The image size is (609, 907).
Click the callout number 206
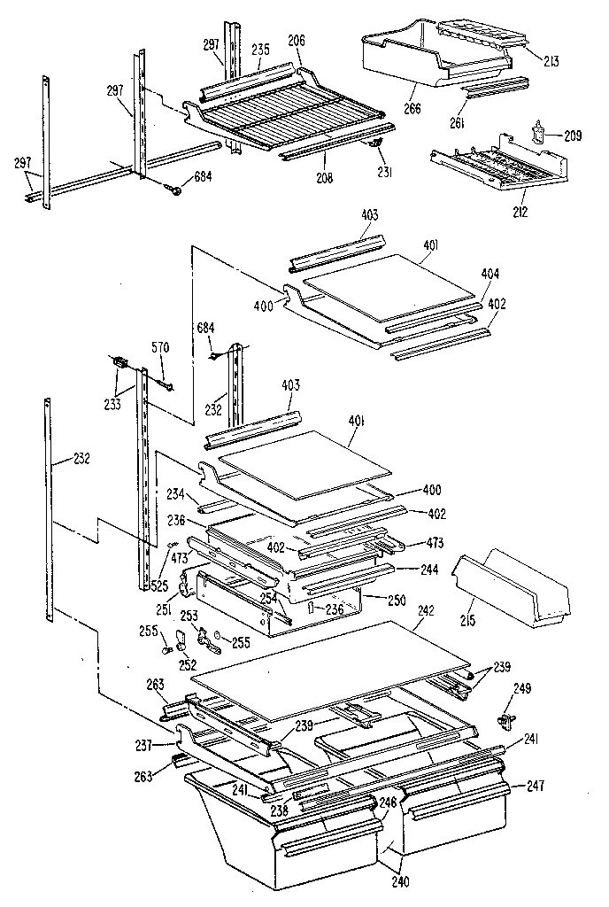[x=297, y=41]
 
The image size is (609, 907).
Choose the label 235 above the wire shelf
[x=259, y=50]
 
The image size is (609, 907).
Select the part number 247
[x=534, y=786]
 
